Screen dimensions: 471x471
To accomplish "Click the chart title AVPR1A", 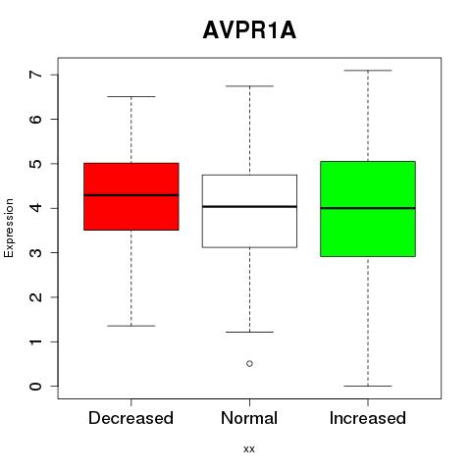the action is coord(249,30).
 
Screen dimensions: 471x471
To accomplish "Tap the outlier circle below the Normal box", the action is coord(249,363).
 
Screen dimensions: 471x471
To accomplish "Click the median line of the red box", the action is coord(131,195).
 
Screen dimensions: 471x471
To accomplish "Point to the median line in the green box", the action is coord(368,208).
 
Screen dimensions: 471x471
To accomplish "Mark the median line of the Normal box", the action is coord(249,206).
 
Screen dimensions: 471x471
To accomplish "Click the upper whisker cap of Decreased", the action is coord(131,96).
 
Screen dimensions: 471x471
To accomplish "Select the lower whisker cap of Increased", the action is coord(368,386).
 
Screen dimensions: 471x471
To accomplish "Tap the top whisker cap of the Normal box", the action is coord(249,86).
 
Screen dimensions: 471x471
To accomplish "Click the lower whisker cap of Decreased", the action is coord(131,326).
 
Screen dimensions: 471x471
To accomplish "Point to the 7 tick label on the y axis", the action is coord(35,75).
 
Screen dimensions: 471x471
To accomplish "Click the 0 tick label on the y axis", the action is coord(35,386).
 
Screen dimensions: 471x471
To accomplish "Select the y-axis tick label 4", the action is coord(35,208).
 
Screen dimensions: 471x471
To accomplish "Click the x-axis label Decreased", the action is coord(131,418).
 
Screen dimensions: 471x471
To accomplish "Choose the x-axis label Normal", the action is coord(249,418).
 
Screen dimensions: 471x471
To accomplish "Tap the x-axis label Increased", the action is coord(368,418).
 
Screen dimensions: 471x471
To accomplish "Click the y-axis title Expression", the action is coord(9,228).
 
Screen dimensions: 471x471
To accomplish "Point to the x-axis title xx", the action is coord(249,449).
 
